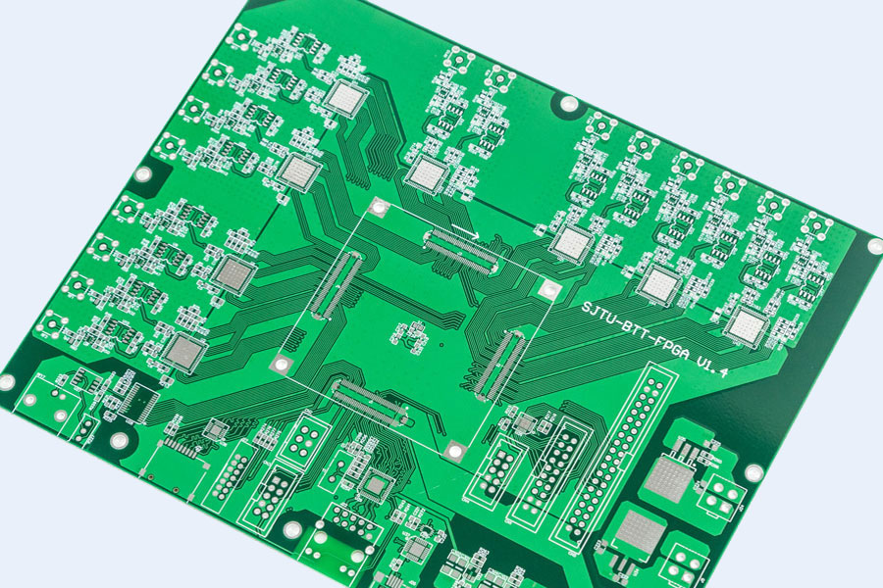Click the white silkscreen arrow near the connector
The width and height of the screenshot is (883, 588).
pyautogui.click(x=465, y=232)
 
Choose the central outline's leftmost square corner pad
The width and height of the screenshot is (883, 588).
pyautogui.click(x=284, y=366)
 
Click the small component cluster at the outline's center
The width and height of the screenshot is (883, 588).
pyautogui.click(x=411, y=335)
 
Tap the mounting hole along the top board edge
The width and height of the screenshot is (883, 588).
pyautogui.click(x=567, y=104)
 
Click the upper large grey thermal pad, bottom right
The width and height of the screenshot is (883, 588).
pyautogui.click(x=667, y=478)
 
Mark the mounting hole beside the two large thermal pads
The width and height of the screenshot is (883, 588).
pyautogui.click(x=753, y=472)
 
